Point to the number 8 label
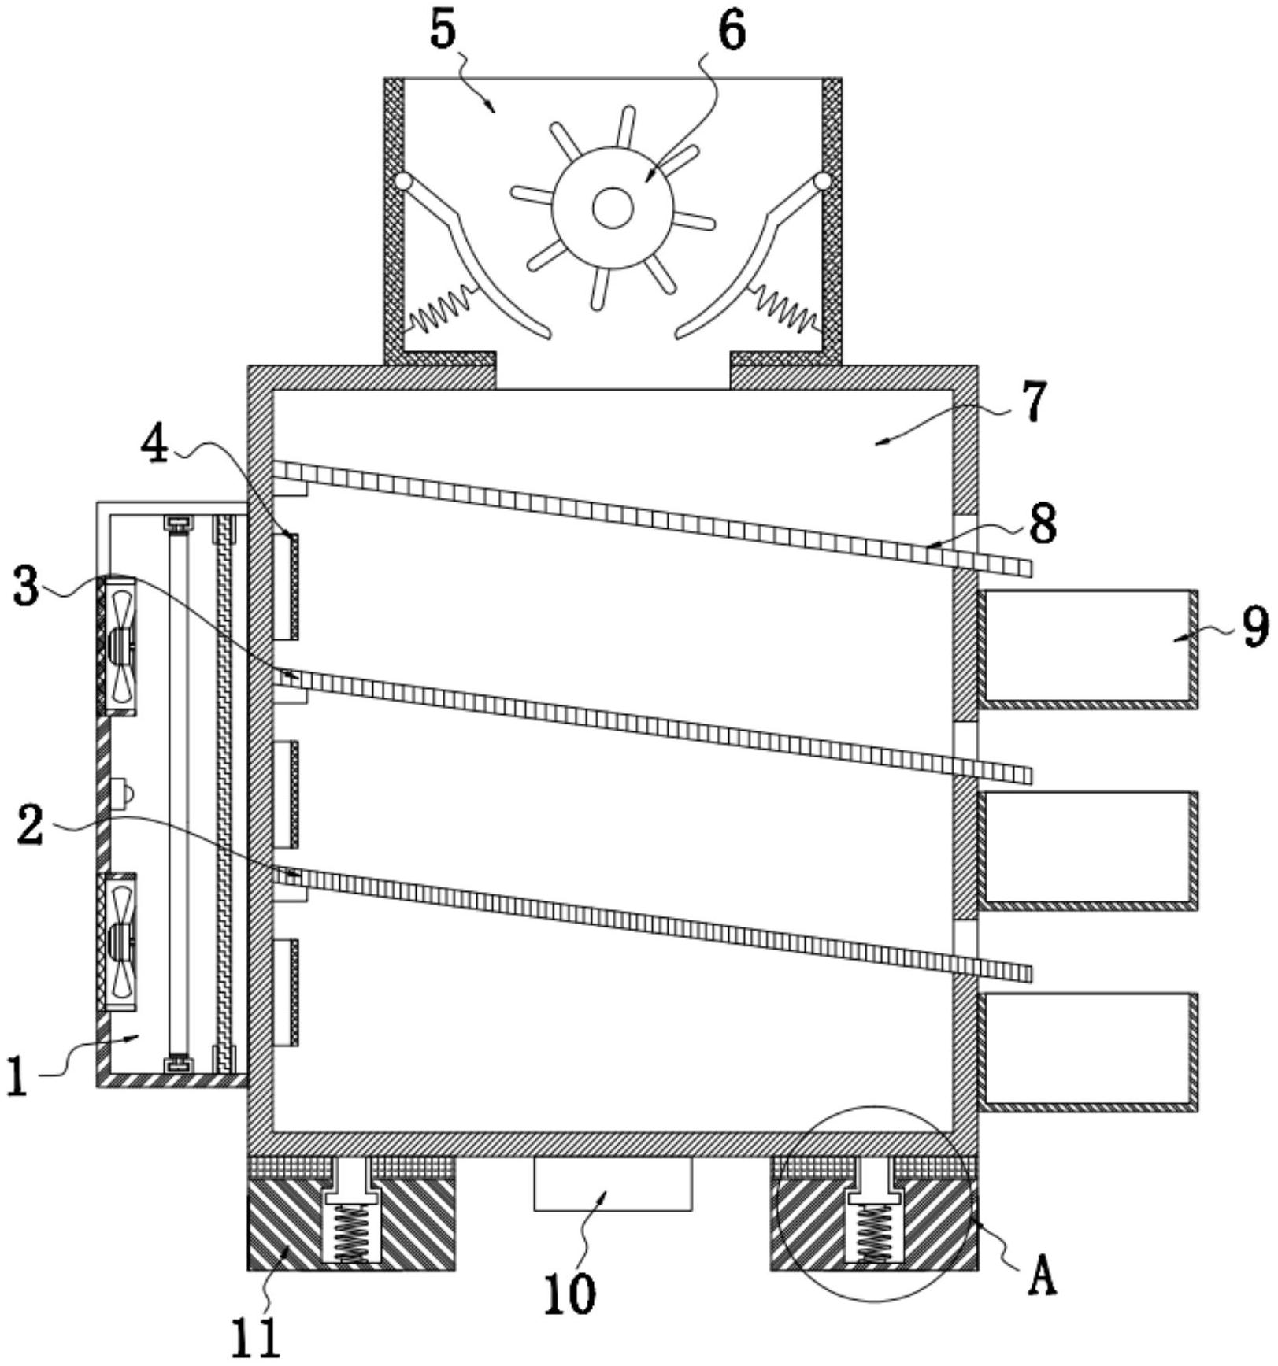[x=1043, y=524]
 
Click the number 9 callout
[x=1255, y=626]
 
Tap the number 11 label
[x=257, y=1338]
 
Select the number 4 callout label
[x=154, y=448]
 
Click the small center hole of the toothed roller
[x=612, y=209]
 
